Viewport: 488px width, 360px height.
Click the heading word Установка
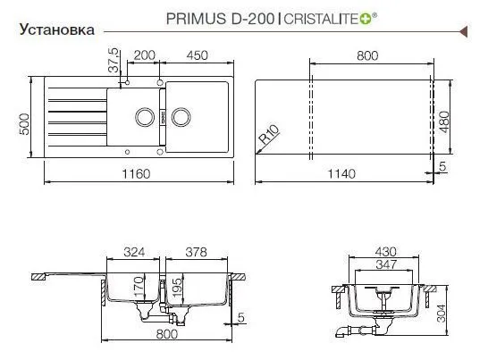[x=57, y=29]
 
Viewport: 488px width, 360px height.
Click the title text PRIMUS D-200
[x=221, y=19]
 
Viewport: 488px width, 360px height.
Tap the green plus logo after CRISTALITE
[x=366, y=20]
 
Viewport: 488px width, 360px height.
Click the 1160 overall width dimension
[x=136, y=173]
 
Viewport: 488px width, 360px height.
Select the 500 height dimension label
[x=24, y=124]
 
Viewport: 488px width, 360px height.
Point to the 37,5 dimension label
[x=114, y=60]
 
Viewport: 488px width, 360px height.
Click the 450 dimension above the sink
[x=197, y=55]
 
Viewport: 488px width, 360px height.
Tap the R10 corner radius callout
[x=269, y=134]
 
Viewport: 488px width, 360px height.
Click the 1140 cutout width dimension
[x=341, y=173]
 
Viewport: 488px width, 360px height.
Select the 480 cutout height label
[x=445, y=122]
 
